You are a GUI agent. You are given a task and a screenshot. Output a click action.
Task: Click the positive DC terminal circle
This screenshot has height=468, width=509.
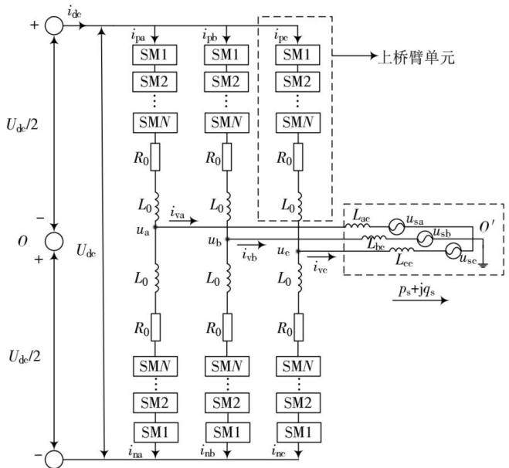point(54,25)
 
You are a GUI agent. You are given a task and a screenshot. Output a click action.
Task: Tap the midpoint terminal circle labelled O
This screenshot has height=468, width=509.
point(54,242)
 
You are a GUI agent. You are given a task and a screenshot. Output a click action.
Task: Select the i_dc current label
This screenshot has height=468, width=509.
point(74,12)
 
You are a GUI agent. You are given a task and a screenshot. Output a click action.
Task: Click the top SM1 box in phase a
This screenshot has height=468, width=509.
point(154,55)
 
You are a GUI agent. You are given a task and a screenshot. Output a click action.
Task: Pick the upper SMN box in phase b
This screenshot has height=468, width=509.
point(226,122)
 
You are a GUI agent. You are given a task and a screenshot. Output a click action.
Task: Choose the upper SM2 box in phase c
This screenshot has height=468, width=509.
point(297,81)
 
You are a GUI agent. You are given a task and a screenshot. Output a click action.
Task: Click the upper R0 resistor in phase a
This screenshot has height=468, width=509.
point(155,157)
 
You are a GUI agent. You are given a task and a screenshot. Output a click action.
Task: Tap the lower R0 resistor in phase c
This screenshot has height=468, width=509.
point(299,327)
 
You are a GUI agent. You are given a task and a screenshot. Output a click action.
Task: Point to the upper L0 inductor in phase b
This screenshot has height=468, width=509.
point(228,206)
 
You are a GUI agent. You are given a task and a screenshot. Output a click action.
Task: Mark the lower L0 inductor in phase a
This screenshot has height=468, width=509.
point(157,278)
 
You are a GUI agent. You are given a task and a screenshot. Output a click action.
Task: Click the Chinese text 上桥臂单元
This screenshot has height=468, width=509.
point(417,58)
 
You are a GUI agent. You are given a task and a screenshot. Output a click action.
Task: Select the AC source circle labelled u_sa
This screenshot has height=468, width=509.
point(397,226)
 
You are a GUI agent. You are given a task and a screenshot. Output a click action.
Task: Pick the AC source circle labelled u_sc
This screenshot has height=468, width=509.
point(453,251)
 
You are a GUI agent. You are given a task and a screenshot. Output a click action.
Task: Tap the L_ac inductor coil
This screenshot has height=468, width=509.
point(358,225)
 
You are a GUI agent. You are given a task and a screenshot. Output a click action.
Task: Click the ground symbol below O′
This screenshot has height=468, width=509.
point(483,265)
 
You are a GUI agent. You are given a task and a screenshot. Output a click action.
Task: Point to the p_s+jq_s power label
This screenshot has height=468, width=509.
point(417,290)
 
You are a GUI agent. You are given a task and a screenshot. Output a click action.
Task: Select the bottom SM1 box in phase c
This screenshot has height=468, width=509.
point(299,432)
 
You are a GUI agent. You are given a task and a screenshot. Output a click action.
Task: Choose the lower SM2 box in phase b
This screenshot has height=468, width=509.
point(227,403)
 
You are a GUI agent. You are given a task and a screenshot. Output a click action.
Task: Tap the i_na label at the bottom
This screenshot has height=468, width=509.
point(135,452)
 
